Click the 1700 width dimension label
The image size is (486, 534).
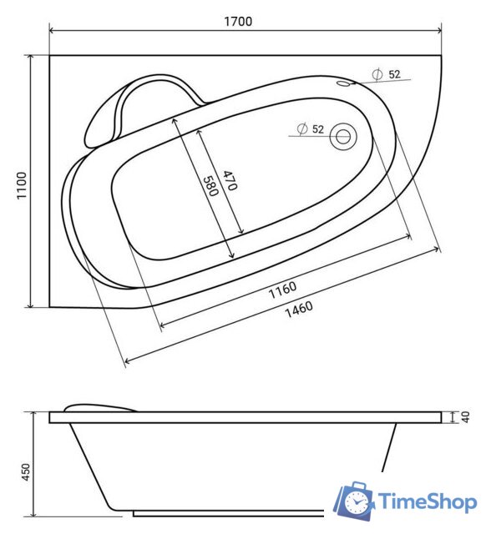coord(238,21)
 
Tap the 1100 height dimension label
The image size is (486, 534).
coord(22,185)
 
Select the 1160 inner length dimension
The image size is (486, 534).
coord(282,290)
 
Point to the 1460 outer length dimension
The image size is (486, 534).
coord(299,309)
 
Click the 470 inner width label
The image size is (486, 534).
coord(230,180)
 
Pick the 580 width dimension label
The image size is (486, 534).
coord(210,186)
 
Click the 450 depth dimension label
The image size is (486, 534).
coord(26,472)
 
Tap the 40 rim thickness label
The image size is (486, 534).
coord(465,417)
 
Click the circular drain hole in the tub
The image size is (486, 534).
coord(343,137)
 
